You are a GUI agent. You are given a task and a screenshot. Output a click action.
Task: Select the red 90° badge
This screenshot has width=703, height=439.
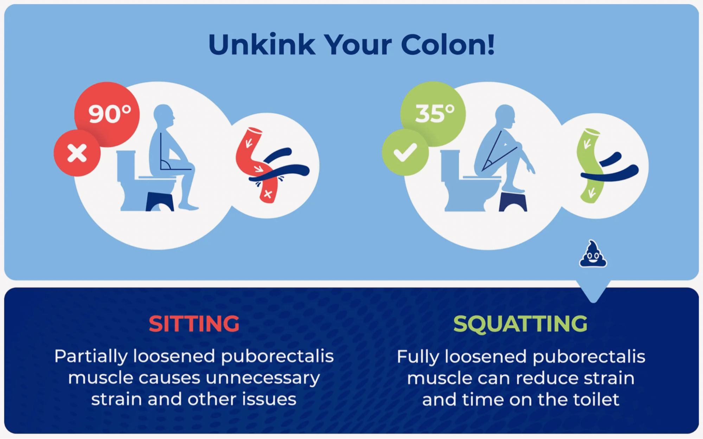click(107, 114)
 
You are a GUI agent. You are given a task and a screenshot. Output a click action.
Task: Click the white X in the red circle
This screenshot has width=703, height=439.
click(77, 153)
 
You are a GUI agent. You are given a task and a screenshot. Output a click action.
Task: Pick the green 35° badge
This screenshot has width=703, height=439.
click(433, 114)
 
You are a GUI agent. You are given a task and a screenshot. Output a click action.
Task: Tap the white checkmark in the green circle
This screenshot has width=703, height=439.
click(405, 153)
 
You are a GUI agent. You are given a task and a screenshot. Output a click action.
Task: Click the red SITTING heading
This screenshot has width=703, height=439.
click(194, 324)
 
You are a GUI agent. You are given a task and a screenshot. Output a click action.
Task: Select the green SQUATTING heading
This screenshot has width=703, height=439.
click(520, 324)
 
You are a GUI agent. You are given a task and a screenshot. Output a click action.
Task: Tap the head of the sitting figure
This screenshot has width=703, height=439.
click(164, 116)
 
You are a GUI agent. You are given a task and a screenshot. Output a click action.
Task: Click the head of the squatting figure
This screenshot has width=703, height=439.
click(505, 116)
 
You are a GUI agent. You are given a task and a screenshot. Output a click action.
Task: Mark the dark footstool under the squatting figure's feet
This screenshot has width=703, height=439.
click(513, 202)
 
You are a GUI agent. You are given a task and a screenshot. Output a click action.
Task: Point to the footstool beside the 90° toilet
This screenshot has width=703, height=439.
click(160, 202)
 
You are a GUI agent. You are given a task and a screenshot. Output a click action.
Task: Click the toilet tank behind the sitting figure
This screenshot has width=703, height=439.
click(126, 165)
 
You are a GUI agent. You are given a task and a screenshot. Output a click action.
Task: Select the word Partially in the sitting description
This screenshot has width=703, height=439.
click(91, 357)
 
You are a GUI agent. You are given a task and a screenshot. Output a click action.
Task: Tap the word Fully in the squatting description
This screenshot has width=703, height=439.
click(418, 357)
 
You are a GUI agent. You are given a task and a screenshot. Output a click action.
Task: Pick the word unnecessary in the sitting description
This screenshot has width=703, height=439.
click(263, 378)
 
